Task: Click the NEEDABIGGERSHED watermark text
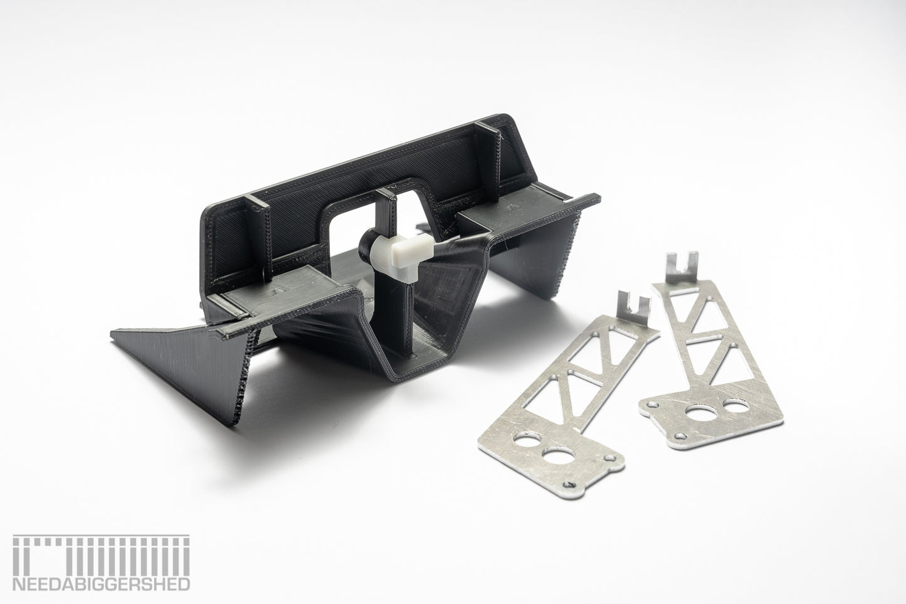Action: pyautogui.click(x=101, y=584)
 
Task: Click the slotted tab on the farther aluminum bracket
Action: pyautogui.click(x=682, y=267)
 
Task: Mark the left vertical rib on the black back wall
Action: pyautogui.click(x=258, y=235)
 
